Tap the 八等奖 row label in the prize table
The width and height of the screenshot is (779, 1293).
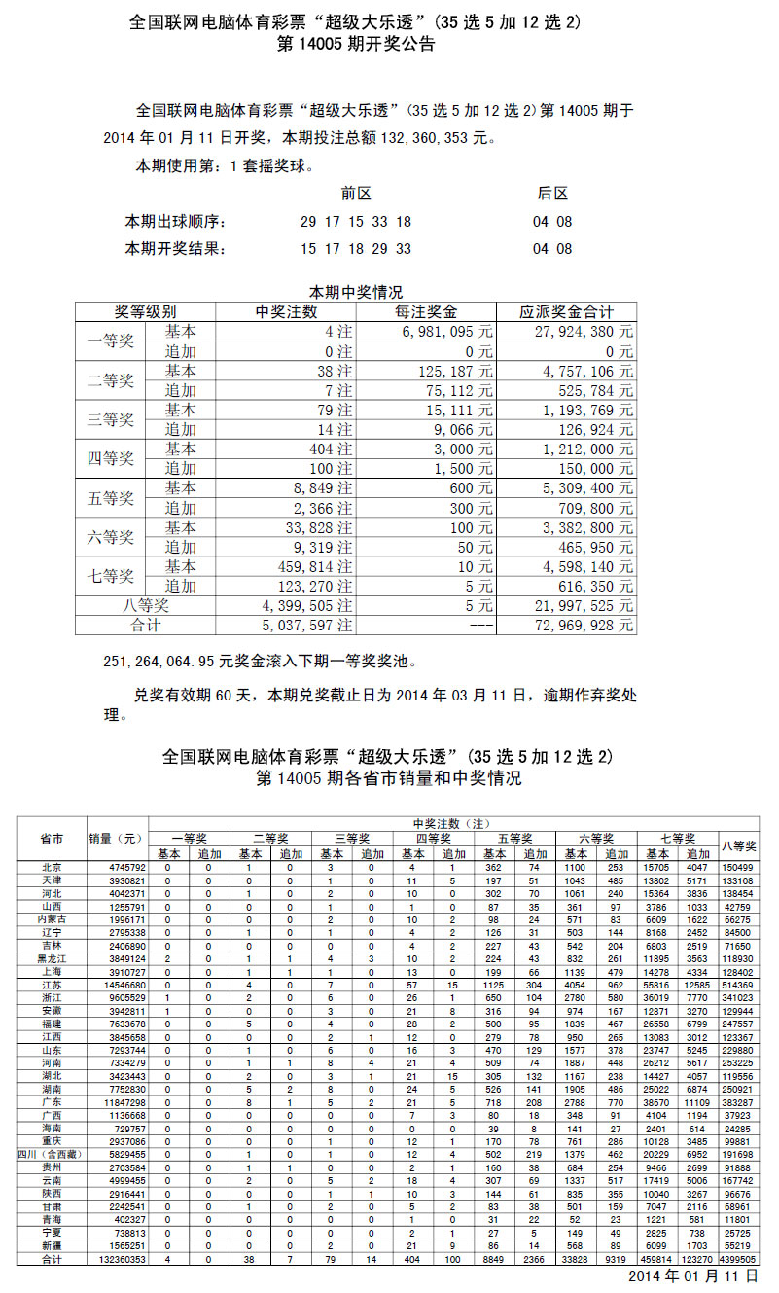[x=146, y=605]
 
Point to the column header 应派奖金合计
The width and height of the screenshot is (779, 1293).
[x=566, y=311]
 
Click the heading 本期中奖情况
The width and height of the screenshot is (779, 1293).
[x=356, y=291]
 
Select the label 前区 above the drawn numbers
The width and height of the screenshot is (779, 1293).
[x=356, y=194]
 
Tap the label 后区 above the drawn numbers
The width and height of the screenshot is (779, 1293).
[x=552, y=194]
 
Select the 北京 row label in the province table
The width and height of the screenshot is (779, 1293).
[x=53, y=867]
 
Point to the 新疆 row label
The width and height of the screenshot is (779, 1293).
[x=53, y=1245]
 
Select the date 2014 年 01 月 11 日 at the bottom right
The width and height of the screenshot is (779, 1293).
[x=692, y=1276]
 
